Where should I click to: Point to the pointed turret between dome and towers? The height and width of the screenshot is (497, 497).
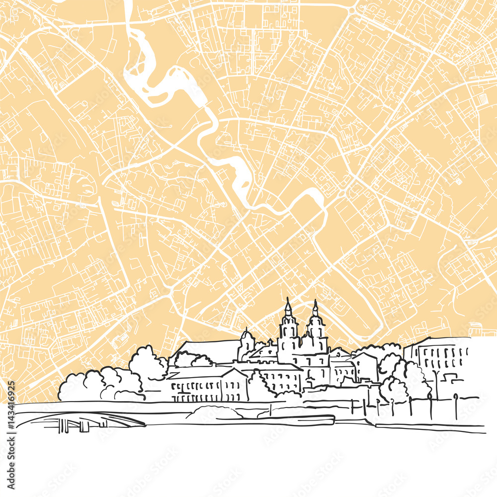point(269,343)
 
